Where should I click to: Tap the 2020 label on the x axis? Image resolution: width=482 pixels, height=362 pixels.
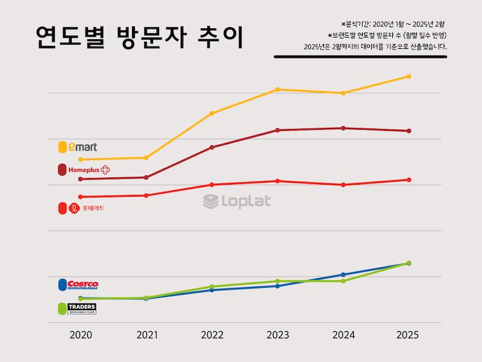(x=81, y=335)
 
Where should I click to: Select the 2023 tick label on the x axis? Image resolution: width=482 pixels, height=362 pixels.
(x=277, y=335)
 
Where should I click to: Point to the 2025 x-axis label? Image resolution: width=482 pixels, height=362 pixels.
(x=408, y=335)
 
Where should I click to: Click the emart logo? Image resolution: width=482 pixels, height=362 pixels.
(x=83, y=147)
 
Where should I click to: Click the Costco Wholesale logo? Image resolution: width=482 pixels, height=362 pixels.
(x=83, y=284)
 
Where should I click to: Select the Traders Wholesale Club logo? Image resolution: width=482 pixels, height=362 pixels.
(x=83, y=308)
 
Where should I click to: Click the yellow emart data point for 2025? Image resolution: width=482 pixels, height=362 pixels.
(x=409, y=77)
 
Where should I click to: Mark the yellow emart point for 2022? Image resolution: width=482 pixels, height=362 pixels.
(x=211, y=113)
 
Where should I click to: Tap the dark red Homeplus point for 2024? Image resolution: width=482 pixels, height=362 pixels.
(x=343, y=128)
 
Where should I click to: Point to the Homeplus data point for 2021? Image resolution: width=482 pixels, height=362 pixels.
(x=146, y=177)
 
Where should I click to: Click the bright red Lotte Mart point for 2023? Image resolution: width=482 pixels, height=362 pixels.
(x=277, y=181)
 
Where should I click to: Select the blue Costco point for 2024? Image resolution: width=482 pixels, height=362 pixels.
(x=343, y=275)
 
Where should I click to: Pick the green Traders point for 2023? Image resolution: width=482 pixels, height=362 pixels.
(x=277, y=281)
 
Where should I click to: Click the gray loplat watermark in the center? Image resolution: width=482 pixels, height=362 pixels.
(x=237, y=202)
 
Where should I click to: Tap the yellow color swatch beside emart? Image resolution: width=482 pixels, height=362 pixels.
(x=62, y=147)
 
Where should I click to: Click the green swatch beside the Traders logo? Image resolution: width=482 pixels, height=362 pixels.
(x=62, y=308)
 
